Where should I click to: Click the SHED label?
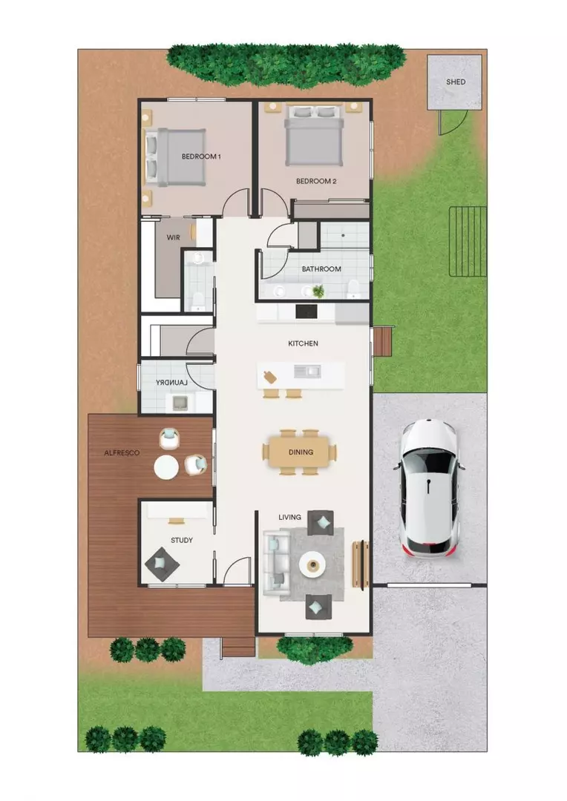point(456,82)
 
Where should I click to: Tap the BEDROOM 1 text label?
point(202,156)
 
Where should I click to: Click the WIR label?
point(173,237)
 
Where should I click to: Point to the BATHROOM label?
point(321,269)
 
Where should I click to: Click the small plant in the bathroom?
point(318,291)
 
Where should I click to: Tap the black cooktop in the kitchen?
point(307,312)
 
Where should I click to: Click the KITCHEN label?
point(303,343)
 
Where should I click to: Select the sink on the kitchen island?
point(305,370)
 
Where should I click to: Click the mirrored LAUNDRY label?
point(171,382)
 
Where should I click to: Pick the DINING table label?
point(301,452)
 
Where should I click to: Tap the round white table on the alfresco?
point(165,467)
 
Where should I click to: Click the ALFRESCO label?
point(122,451)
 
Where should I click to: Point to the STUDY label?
point(181,540)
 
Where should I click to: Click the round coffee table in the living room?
point(312,566)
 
